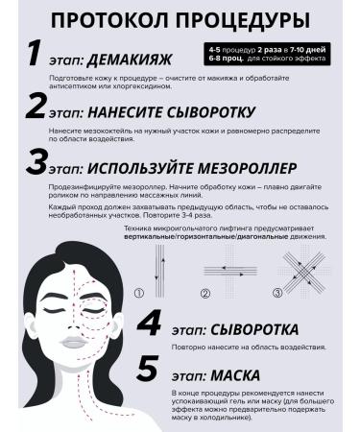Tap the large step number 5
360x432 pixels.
pyautogui.click(x=150, y=368)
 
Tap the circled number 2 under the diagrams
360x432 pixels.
pyautogui.click(x=204, y=292)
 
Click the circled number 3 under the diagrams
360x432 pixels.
pyautogui.click(x=277, y=292)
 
